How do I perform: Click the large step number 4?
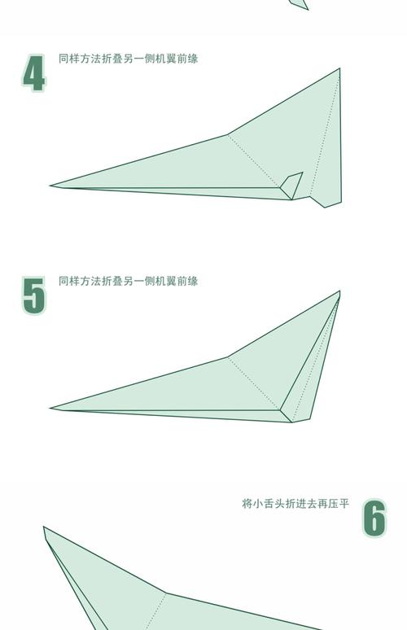33,74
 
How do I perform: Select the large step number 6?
374,518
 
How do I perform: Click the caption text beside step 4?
128,59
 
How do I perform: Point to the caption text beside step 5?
128,281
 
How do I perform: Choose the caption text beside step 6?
295,504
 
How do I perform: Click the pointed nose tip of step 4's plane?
51,186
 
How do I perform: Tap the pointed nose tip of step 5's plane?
51,408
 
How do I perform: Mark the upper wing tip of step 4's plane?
339,70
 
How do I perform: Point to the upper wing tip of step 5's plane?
339,292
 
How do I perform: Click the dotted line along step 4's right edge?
326,134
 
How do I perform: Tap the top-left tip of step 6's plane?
45,528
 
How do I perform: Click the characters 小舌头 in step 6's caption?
268,504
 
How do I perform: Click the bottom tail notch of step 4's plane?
325,206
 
